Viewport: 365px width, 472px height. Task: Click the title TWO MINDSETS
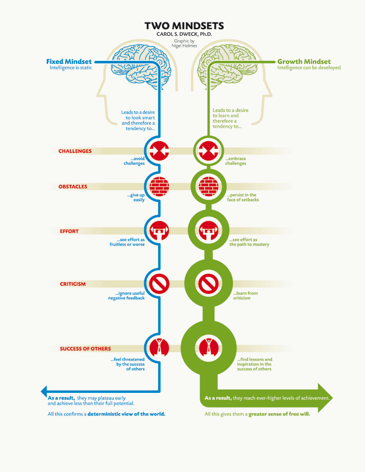184,26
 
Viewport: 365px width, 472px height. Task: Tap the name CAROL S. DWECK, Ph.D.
184,34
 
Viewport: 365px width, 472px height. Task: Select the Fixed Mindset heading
69,61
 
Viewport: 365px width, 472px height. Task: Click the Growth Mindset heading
304,61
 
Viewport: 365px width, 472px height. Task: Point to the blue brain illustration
141,66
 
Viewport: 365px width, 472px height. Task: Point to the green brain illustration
227,66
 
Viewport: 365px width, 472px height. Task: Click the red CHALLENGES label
75,151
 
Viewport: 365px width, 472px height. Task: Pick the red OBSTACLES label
73,187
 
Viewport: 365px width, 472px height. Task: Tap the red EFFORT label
69,231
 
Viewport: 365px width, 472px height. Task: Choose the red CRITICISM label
72,284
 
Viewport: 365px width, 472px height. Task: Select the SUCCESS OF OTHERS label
85,349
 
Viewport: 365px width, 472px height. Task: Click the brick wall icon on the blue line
159,187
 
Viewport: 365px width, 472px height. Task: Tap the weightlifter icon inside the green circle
209,231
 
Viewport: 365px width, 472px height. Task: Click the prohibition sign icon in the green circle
209,283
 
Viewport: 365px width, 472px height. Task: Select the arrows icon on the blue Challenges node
159,150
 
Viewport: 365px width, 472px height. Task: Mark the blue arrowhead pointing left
44,392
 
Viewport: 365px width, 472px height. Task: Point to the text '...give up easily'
136,197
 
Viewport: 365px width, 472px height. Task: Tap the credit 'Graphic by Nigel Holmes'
184,43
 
